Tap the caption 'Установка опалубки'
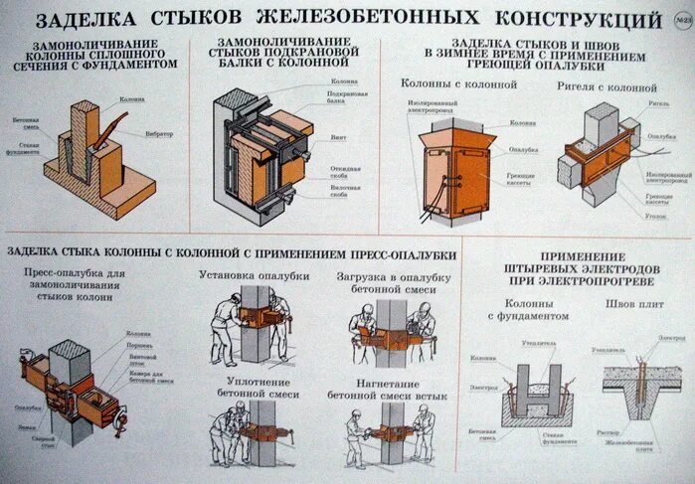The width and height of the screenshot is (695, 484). point(254,275)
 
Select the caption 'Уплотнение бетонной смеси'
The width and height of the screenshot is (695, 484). point(254,387)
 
